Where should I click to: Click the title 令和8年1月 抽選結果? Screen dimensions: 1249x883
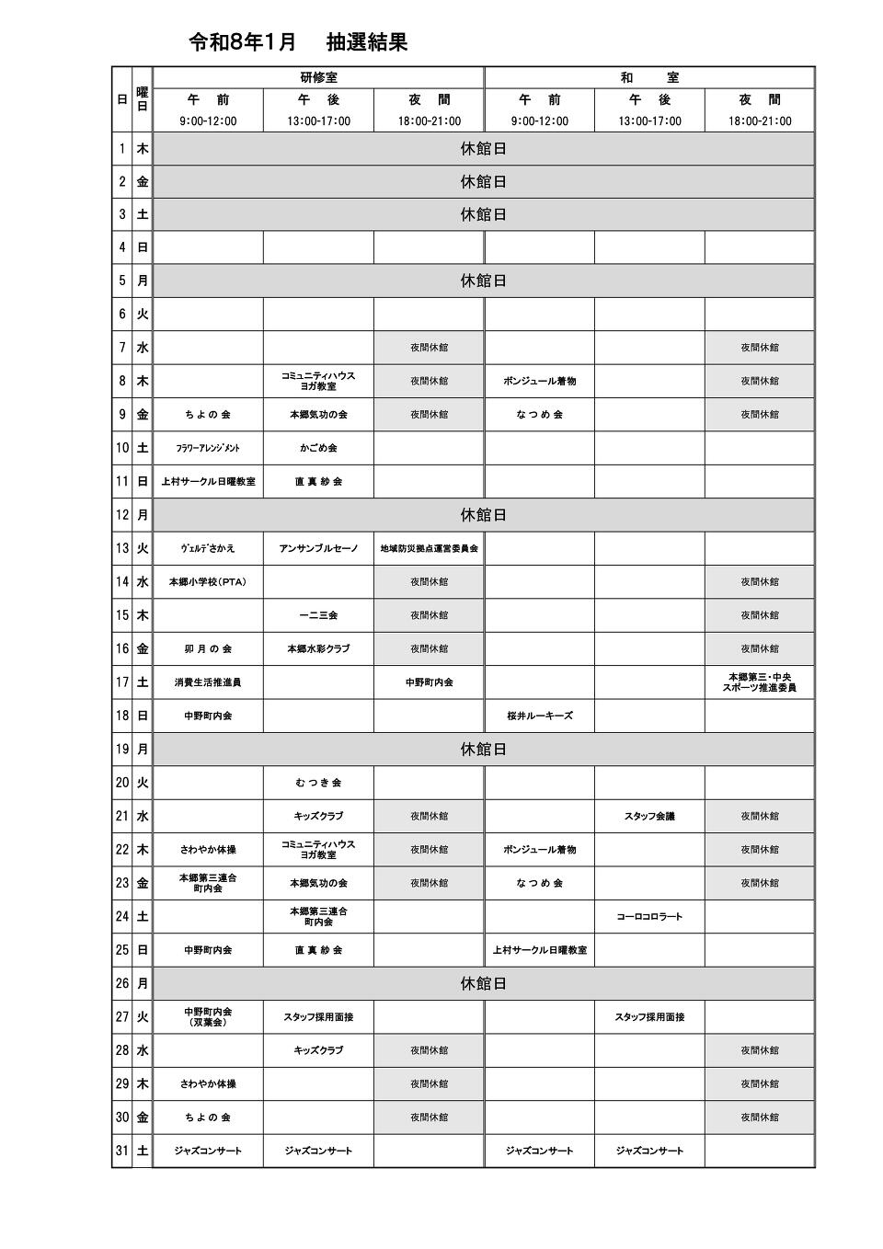point(297,42)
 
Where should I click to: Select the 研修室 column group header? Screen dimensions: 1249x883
point(318,78)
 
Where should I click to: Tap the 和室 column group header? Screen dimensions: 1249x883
point(649,78)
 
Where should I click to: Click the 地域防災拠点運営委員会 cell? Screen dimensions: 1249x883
point(429,549)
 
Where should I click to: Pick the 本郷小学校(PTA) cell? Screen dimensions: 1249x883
point(208,582)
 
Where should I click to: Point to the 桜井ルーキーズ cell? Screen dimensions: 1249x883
point(539,716)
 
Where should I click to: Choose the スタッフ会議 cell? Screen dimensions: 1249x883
point(649,816)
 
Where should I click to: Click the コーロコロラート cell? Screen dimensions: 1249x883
point(649,916)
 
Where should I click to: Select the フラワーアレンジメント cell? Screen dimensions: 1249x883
point(208,448)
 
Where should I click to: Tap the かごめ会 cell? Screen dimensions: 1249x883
point(318,448)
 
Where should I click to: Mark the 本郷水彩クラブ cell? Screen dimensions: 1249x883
point(318,648)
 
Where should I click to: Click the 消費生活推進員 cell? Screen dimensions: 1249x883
point(208,682)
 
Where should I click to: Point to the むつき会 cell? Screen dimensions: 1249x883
point(318,783)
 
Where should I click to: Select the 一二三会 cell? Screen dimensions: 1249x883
point(318,615)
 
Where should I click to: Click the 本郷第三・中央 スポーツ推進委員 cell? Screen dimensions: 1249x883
point(760,682)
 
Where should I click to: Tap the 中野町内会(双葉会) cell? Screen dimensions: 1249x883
point(208,1016)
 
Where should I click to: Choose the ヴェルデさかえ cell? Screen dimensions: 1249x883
point(208,549)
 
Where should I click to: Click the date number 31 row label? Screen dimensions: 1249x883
point(122,1151)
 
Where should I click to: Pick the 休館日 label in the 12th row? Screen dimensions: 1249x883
point(483,515)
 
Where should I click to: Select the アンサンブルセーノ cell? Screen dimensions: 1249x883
point(318,549)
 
